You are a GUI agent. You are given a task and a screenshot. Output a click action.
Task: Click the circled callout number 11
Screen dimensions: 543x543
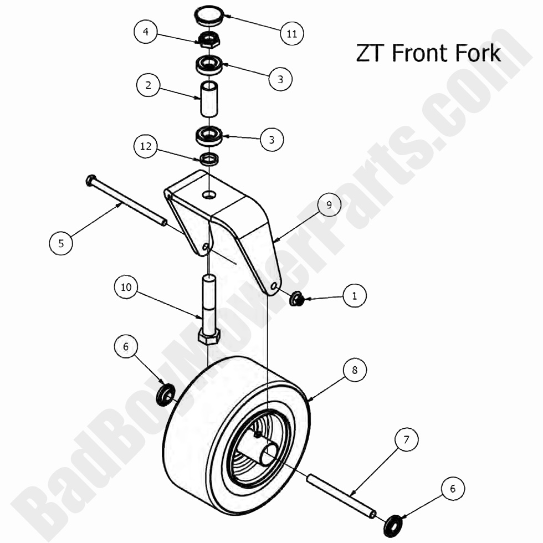click(292, 34)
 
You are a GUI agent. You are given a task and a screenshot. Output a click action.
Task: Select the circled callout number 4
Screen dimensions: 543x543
click(145, 32)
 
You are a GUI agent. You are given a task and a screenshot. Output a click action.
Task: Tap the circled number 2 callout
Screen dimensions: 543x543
click(148, 86)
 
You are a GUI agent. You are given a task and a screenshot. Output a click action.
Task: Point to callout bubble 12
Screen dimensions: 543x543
click(145, 146)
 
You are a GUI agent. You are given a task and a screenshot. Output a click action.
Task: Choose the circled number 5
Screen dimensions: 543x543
click(61, 243)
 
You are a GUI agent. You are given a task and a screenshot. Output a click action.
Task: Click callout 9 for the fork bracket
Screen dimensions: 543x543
click(329, 204)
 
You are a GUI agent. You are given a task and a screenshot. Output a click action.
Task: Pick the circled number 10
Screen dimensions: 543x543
click(126, 287)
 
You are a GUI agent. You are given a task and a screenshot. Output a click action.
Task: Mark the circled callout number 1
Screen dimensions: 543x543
click(355, 296)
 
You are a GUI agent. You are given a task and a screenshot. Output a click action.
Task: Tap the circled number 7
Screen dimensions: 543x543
click(406, 440)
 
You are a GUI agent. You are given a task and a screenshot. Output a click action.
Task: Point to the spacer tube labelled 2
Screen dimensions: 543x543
click(209, 99)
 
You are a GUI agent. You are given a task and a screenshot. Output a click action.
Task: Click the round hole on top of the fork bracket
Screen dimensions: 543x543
click(209, 194)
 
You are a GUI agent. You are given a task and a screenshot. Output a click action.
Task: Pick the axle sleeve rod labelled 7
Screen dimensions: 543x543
click(342, 494)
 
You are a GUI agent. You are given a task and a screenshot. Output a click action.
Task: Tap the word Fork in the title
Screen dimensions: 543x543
click(478, 53)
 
